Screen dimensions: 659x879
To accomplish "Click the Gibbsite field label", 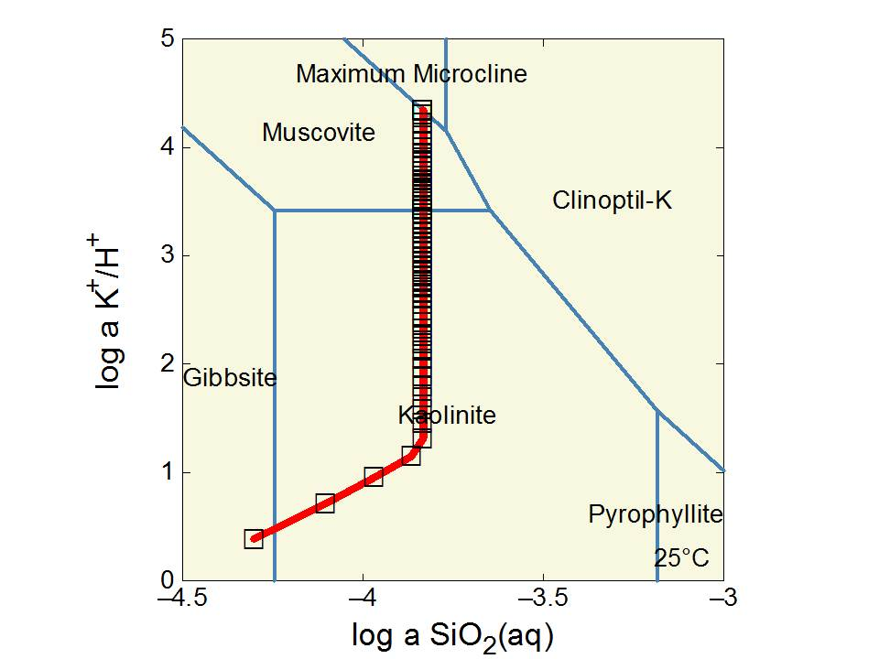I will (230, 377).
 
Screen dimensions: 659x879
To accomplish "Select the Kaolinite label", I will (447, 416).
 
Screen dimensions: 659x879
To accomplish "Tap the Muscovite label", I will (319, 133).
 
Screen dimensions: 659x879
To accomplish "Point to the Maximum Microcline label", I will (412, 74).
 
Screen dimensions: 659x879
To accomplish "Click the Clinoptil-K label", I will (612, 200).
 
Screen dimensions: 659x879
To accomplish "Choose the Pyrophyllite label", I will (656, 514).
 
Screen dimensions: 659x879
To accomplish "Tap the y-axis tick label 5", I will (167, 39).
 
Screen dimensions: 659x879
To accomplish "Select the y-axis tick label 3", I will (167, 255).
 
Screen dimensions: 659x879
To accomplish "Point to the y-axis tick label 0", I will (167, 580).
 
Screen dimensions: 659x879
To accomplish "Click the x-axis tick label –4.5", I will (182, 600).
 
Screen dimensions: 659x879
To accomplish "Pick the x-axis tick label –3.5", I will (543, 600).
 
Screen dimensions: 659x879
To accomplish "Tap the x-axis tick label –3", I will (723, 600).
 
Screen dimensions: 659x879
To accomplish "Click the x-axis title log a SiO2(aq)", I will (453, 633).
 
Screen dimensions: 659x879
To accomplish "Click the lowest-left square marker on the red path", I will (254, 539).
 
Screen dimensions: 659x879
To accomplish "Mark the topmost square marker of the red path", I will (422, 110).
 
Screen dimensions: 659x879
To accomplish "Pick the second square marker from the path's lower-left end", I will (325, 503).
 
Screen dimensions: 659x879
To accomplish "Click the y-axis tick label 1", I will (167, 472).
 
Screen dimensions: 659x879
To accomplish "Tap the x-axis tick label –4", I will (363, 600).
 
